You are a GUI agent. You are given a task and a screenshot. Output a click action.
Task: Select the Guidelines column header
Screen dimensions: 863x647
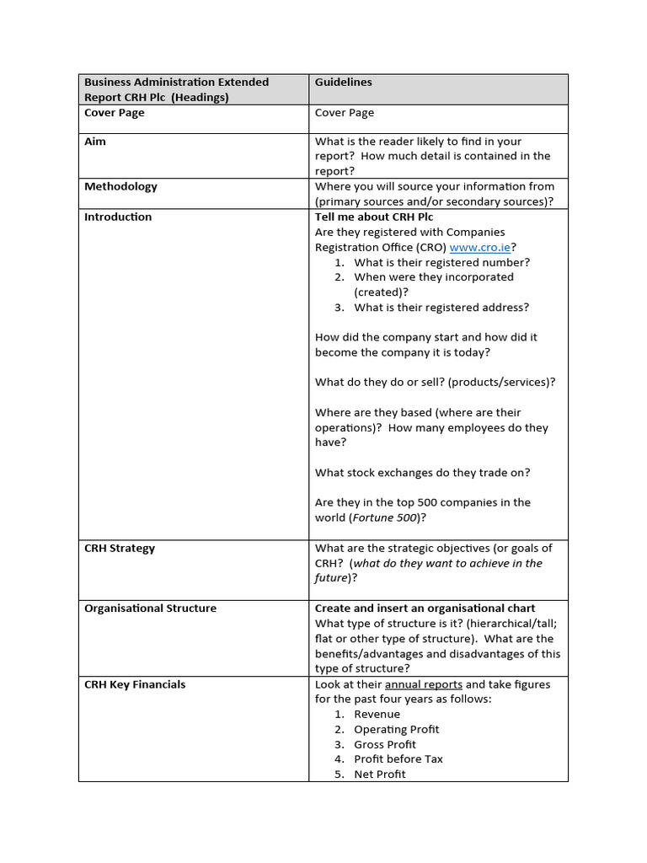(x=343, y=82)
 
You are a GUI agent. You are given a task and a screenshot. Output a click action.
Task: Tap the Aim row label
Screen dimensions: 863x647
(x=95, y=142)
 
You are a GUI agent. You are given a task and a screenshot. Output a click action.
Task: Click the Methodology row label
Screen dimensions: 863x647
(x=120, y=186)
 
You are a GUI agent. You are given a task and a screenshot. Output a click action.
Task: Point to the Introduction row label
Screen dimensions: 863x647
(x=118, y=217)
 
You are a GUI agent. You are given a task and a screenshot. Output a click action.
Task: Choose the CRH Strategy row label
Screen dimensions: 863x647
(x=120, y=548)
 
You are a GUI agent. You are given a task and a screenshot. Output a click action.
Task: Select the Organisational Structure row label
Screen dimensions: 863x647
(x=150, y=608)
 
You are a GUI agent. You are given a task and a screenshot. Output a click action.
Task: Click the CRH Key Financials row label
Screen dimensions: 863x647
(x=135, y=684)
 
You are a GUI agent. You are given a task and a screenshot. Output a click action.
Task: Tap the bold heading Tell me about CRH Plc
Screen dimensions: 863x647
(x=374, y=217)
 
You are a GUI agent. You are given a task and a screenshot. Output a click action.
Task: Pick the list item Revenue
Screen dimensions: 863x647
(x=377, y=714)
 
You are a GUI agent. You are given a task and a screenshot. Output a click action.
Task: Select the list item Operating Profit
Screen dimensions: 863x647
(x=396, y=729)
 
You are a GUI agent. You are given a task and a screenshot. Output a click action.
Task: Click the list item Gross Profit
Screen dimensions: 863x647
(x=385, y=744)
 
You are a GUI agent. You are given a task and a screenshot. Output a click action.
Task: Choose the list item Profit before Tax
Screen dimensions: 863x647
(x=398, y=758)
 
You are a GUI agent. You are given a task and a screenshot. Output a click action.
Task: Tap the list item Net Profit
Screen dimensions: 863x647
(x=379, y=774)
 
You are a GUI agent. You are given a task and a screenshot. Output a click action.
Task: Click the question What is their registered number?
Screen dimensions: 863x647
(x=441, y=262)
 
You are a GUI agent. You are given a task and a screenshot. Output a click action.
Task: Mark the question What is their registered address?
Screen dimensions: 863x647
(x=441, y=307)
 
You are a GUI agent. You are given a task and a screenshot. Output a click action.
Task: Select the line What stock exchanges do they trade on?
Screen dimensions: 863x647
(x=422, y=472)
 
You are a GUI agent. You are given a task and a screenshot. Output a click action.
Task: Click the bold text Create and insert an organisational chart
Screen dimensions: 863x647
(x=425, y=608)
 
